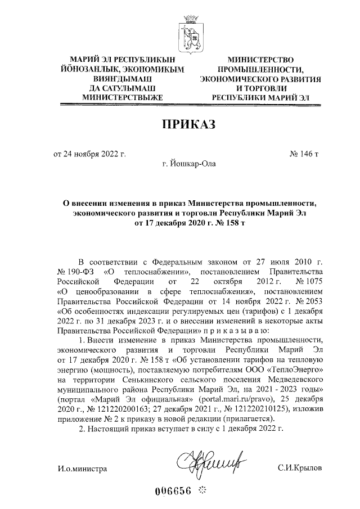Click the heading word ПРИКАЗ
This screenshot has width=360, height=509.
[x=189, y=124]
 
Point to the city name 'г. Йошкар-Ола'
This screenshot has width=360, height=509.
[x=188, y=164]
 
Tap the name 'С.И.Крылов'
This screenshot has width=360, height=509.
[x=300, y=468]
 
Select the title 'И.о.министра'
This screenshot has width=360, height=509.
[x=82, y=468]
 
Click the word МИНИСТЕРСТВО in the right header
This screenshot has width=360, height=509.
[x=261, y=60]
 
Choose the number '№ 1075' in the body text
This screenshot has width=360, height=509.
[x=307, y=281]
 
